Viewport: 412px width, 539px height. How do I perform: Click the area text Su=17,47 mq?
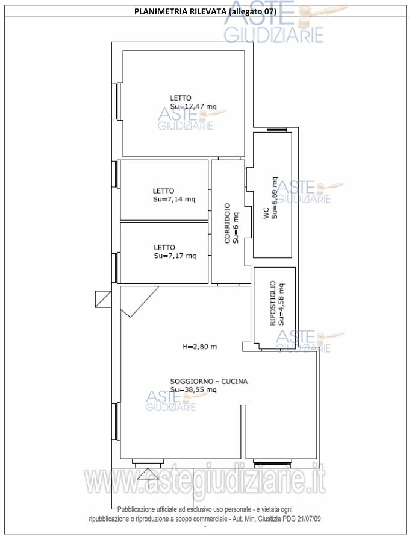point(193,107)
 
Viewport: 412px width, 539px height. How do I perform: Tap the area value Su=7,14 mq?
point(174,200)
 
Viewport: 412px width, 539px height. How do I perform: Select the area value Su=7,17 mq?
point(175,256)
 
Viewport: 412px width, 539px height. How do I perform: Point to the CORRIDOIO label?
point(227,224)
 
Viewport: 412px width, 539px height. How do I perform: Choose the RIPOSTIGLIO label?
point(273,303)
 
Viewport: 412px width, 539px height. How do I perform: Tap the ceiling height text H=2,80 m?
point(199,347)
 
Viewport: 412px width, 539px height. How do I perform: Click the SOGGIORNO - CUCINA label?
point(209,381)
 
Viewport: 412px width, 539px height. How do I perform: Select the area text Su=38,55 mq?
point(193,390)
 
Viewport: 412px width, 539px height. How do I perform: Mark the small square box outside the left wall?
point(104,299)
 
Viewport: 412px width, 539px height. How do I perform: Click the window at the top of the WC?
point(276,130)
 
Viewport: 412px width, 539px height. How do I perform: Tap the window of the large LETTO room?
point(117,101)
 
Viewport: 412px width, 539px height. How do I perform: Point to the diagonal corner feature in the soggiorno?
point(139,301)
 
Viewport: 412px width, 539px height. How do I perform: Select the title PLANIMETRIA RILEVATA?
point(179,11)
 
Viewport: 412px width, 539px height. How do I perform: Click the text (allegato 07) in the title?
point(252,11)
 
